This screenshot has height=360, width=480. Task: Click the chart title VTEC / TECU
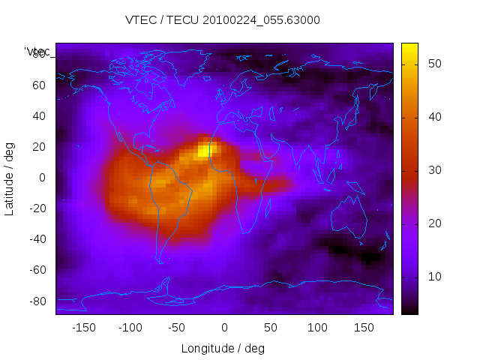223,20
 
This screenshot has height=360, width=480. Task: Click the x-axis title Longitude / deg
223,348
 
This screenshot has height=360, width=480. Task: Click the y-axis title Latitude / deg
10,178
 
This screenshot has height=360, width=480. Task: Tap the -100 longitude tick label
130,327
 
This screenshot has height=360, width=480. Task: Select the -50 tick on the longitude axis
177,327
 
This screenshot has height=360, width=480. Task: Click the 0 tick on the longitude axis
224,327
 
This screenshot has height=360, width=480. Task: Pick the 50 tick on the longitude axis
271,327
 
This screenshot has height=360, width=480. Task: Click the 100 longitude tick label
317,327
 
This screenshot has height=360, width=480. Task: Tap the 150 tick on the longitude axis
364,327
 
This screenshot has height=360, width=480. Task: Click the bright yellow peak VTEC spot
204,151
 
